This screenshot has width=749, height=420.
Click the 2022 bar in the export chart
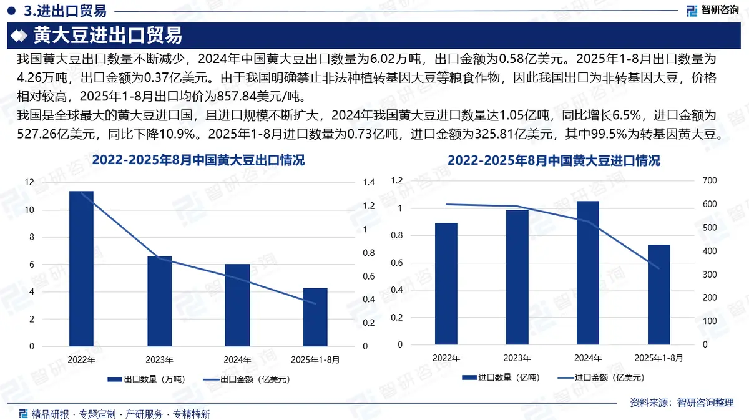pos(81,268)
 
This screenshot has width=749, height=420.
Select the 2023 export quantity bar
pos(159,301)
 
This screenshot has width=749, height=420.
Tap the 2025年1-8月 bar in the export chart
pos(315,317)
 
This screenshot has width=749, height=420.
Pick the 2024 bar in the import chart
pos(587,273)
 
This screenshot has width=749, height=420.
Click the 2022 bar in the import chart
pos(446,283)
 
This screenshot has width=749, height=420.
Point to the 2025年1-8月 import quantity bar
pos(658,295)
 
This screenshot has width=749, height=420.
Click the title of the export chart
pos(198,161)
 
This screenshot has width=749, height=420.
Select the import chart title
pos(554,161)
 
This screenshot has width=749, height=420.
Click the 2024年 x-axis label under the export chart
pos(237,360)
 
